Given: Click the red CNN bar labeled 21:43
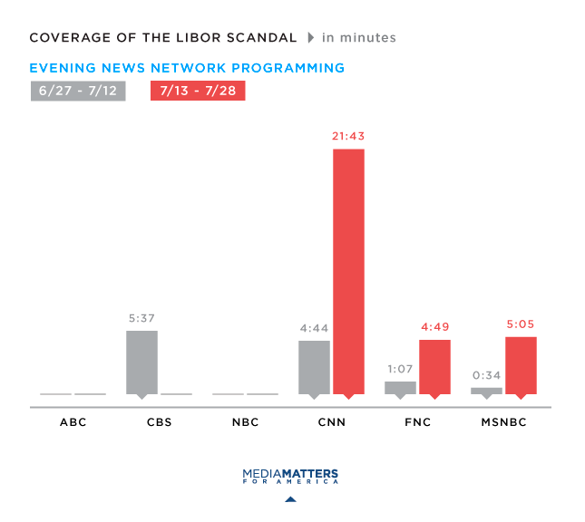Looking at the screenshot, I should tap(348, 271).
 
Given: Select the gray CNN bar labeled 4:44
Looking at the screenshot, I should tap(314, 367).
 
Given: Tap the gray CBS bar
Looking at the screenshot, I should tap(141, 362).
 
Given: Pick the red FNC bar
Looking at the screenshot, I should tap(434, 366).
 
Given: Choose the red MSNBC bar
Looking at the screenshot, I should tap(521, 365).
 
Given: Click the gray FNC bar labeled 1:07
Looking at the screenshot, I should tap(400, 387).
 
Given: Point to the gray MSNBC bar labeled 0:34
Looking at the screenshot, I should tap(486, 391).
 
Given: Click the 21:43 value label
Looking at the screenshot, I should tap(348, 136).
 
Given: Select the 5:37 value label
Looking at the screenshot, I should tap(141, 318).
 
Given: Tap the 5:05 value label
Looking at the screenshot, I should tap(521, 324).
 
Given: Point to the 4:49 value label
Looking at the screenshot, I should tap(434, 327).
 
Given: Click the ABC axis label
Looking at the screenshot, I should tap(73, 422).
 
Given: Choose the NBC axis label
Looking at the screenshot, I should tap(245, 422).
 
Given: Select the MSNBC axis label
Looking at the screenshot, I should tap(503, 422).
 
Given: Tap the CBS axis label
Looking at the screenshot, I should tap(159, 422).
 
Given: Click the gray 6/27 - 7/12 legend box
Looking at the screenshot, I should tap(78, 91).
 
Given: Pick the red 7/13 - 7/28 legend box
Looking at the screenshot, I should tap(198, 91).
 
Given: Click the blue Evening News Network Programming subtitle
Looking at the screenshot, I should tap(187, 68).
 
